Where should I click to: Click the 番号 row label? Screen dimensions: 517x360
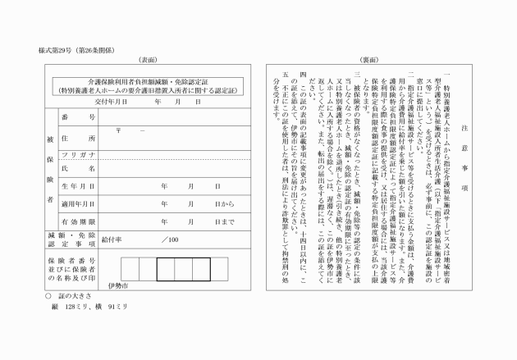pos(79,119)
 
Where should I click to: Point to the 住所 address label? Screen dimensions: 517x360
pos(79,139)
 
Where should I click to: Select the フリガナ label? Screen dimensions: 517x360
pos(79,155)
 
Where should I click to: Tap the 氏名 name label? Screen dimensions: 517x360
pos(79,168)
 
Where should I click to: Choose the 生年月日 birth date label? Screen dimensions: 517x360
pos(79,186)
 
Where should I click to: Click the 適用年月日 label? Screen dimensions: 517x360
pos(79,203)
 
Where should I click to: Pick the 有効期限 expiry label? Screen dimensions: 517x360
pos(79,221)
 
